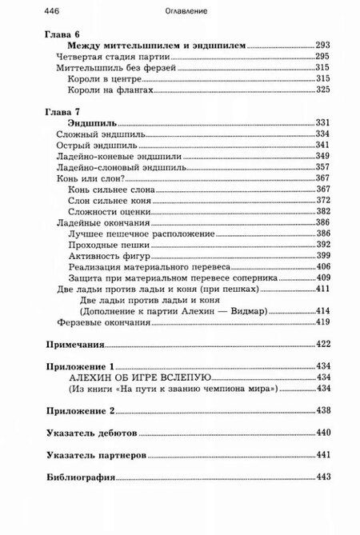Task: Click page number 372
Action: point(323,200)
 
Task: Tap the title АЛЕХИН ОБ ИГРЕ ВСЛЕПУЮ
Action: point(139,376)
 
